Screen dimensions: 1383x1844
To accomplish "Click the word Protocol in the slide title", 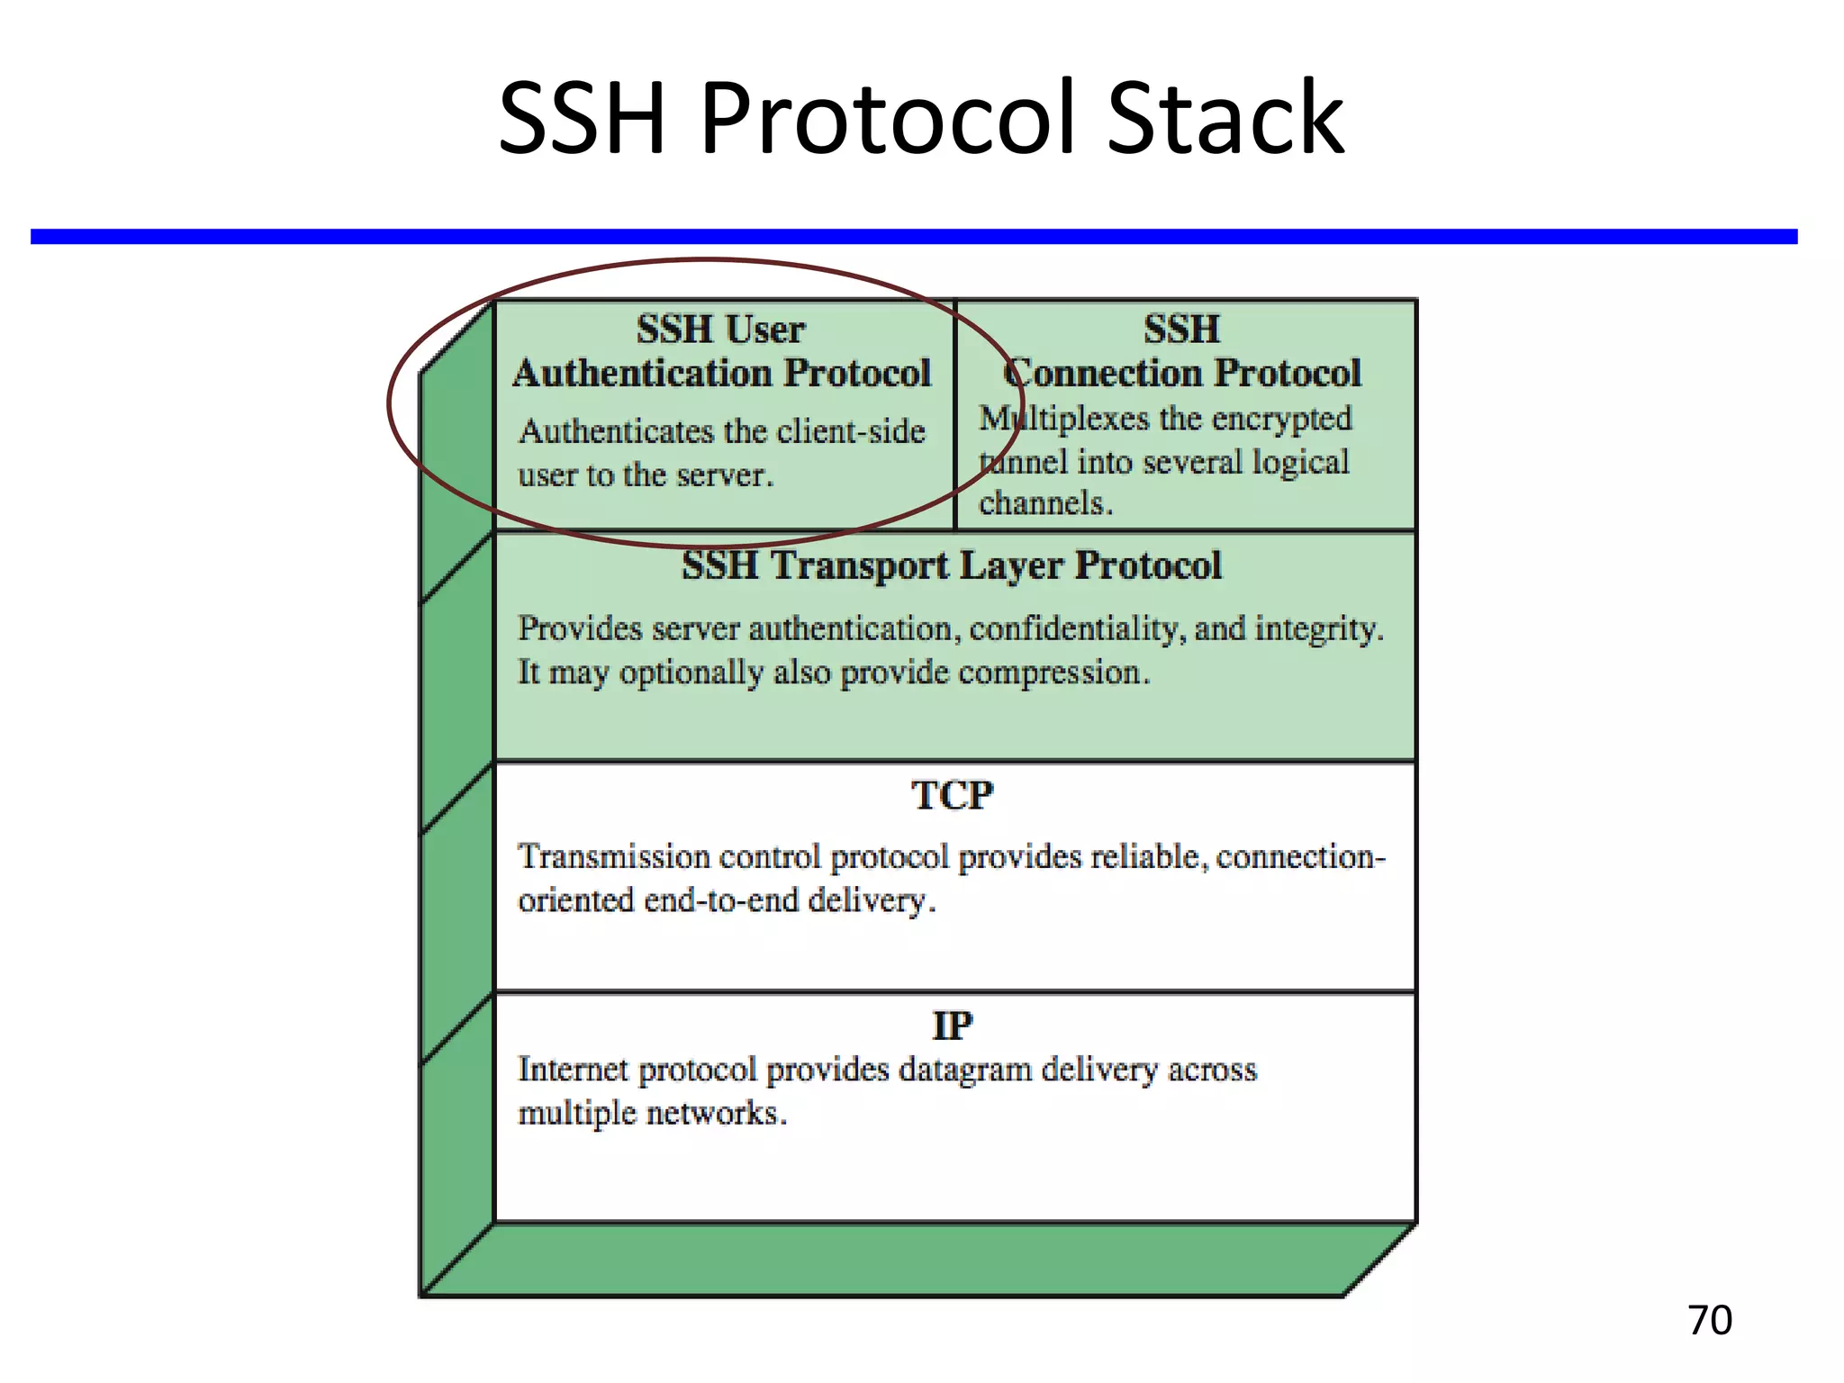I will click(888, 119).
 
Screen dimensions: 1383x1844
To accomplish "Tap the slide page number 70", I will click(1709, 1320).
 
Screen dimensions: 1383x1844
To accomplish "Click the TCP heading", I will click(952, 796).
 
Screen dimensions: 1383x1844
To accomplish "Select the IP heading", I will click(952, 1026).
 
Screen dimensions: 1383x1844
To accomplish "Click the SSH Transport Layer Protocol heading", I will click(952, 565).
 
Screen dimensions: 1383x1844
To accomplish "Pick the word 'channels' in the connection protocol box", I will click(1043, 503).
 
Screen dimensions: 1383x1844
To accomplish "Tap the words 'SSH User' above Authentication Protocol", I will click(720, 330).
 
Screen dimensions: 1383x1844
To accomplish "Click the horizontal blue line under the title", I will click(913, 236).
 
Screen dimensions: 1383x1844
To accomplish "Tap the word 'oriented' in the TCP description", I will click(575, 900).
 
